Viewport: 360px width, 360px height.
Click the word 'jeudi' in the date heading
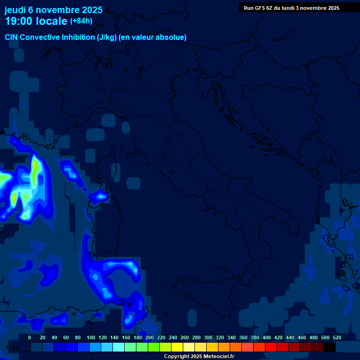click(x=15, y=10)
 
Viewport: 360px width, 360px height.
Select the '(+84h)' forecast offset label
click(x=81, y=21)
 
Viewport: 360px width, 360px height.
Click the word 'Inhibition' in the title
click(x=79, y=37)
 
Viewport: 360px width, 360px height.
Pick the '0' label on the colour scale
click(x=30, y=337)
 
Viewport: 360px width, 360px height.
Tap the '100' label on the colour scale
click(x=90, y=337)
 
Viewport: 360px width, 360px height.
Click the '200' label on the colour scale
click(x=149, y=337)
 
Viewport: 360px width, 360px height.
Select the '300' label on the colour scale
click(x=208, y=337)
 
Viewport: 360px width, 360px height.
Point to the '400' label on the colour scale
click(x=266, y=337)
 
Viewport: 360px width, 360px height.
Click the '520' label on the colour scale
click(x=337, y=337)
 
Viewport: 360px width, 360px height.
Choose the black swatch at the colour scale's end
click(x=330, y=347)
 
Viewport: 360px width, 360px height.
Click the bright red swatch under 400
click(x=271, y=347)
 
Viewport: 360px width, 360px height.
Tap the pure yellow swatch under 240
click(x=177, y=347)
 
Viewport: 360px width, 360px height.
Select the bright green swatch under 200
click(x=154, y=347)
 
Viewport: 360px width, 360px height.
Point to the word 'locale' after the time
click(x=51, y=21)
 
